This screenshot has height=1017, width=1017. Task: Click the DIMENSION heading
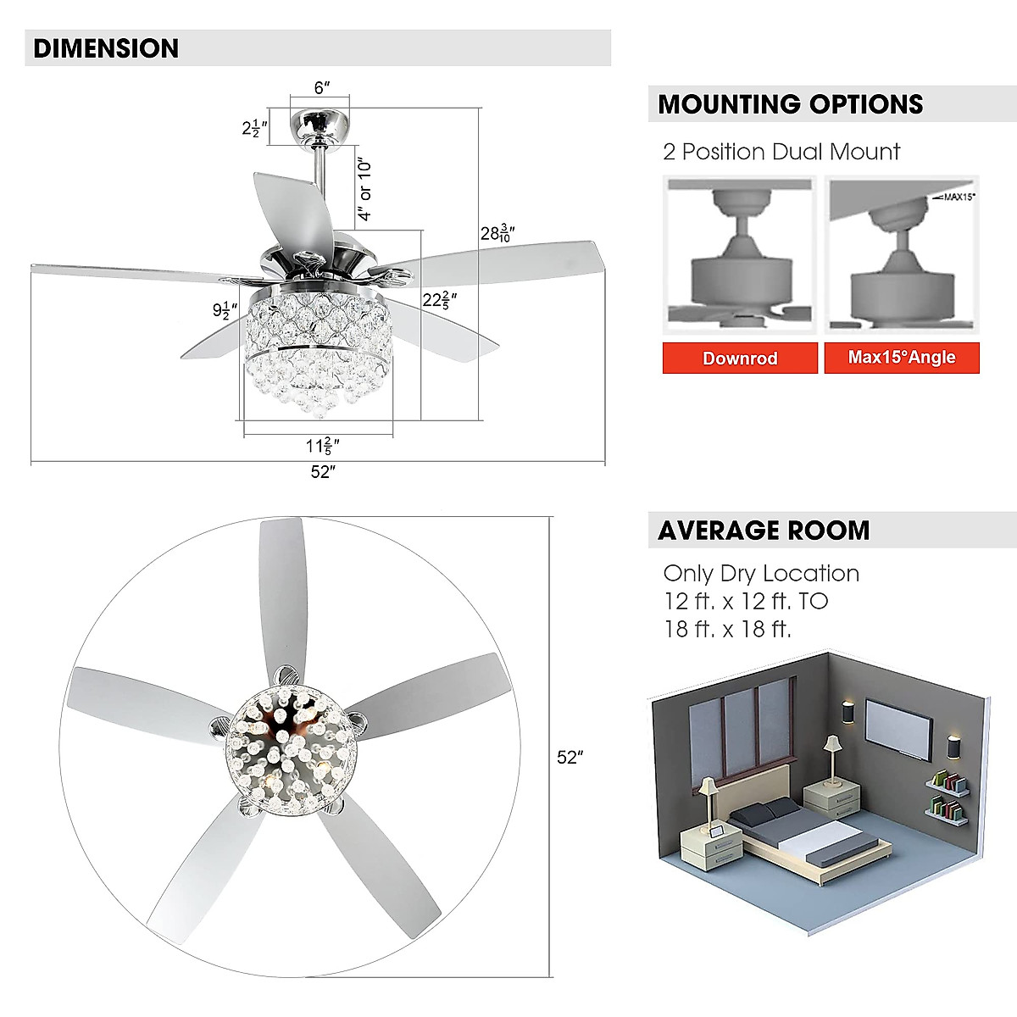coord(106,48)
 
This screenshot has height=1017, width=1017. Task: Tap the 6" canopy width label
coord(320,88)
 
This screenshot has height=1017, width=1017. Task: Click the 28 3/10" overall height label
coord(497,233)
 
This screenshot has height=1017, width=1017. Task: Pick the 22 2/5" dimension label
coord(440,299)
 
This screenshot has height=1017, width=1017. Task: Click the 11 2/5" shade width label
coord(322,446)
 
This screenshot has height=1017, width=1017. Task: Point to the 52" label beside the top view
coord(570,757)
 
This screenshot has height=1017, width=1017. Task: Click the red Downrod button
coord(740,358)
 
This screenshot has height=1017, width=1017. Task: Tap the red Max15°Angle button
coord(902,358)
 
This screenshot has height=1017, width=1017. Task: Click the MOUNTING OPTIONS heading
coord(790,104)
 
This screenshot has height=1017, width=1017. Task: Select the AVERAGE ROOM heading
coord(764,531)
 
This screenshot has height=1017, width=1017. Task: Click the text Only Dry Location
coord(761,574)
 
